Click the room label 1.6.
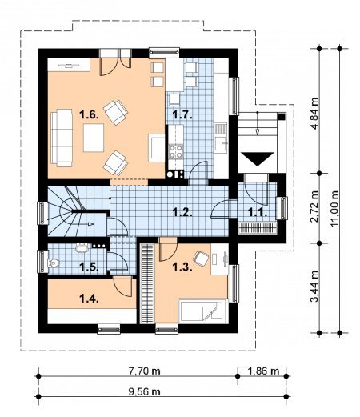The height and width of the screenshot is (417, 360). pyautogui.click(x=90, y=115)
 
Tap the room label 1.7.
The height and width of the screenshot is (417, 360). pyautogui.click(x=182, y=115)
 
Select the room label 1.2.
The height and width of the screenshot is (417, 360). pyautogui.click(x=182, y=212)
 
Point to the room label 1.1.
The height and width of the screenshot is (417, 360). pyautogui.click(x=258, y=212)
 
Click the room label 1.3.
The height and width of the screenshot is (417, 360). pyautogui.click(x=182, y=267)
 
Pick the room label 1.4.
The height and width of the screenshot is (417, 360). pyautogui.click(x=90, y=299)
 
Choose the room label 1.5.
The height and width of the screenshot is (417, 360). pyautogui.click(x=90, y=267)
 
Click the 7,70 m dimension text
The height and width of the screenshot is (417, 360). pyautogui.click(x=145, y=371)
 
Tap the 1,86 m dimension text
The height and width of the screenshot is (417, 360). pyautogui.click(x=263, y=371)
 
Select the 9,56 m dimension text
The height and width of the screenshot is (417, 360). pyautogui.click(x=145, y=391)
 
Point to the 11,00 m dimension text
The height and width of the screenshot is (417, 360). pyautogui.click(x=334, y=209)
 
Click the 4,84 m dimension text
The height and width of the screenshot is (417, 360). pyautogui.click(x=314, y=113)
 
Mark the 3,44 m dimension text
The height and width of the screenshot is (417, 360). pyautogui.click(x=314, y=286)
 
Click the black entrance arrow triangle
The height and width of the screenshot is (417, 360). pyautogui.click(x=258, y=158)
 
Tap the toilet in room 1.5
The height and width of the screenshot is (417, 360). pyautogui.click(x=54, y=263)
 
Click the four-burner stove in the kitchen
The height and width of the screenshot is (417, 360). pyautogui.click(x=176, y=151)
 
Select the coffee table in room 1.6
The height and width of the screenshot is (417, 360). pyautogui.click(x=94, y=138)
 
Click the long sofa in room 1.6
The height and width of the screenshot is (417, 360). pyautogui.click(x=62, y=138)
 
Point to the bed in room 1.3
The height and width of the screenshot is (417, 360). pyautogui.click(x=202, y=311)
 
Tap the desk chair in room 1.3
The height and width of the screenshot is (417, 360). pyautogui.click(x=201, y=258)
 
